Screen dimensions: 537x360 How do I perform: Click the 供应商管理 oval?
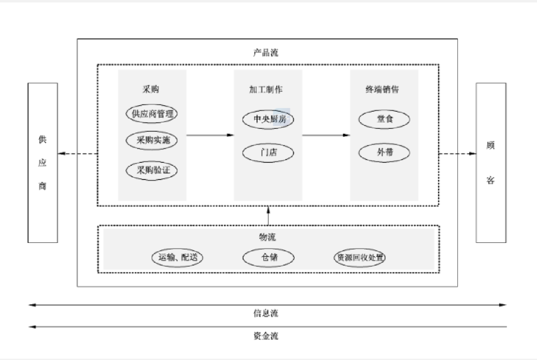coord(152,113)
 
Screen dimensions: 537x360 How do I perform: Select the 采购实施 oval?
coord(152,141)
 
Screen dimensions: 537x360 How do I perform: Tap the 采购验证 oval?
coord(152,170)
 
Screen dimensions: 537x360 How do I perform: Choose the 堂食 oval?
coord(384,119)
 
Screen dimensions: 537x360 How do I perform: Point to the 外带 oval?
coord(384,153)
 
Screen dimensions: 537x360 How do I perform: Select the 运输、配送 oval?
coord(176,258)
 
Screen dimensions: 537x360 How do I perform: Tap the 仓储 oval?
coord(269,258)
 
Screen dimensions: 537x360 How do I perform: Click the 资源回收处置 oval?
coord(360,258)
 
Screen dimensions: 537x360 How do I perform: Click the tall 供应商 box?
coord(42,162)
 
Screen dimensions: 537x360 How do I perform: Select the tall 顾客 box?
coord(491,162)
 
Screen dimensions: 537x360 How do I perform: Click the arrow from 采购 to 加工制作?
coord(210,135)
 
